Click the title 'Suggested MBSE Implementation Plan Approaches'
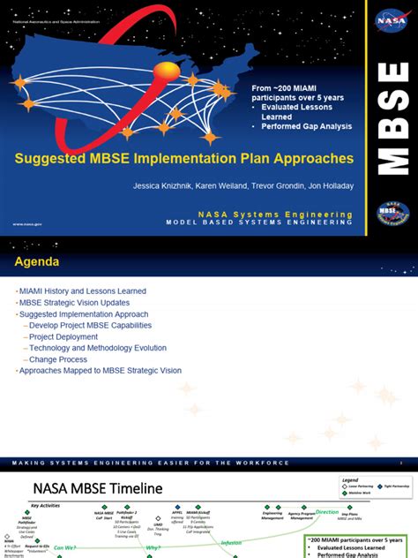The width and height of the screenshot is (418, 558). coord(183,160)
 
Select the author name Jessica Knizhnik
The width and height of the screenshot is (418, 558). coord(163,186)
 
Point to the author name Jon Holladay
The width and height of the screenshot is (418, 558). coord(327,186)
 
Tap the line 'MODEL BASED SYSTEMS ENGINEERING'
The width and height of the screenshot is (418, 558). coord(259,222)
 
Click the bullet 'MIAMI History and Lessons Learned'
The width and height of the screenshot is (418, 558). coord(84,290)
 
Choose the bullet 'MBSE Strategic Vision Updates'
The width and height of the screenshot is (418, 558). coord(77,302)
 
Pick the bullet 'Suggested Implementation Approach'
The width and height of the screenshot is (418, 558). coord(85,313)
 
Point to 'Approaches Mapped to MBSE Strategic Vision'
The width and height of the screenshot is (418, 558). coord(101,371)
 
